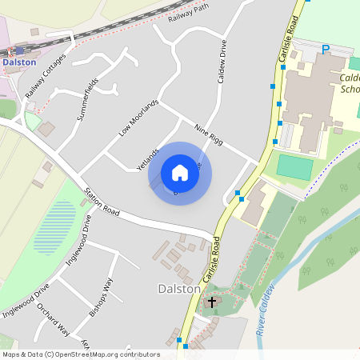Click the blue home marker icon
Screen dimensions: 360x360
pos(179,173)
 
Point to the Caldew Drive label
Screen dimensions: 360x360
pos(222,63)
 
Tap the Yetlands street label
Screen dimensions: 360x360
pos(148,158)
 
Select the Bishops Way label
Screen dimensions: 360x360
pos(101,298)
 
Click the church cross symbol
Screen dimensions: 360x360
pos(212,302)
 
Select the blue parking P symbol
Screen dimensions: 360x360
pos(326,50)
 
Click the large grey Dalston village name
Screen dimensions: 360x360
pos(178,288)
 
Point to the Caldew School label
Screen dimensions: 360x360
pos(350,84)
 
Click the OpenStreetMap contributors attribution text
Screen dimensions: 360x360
pos(80,354)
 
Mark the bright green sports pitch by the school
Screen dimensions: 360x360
pos(294,167)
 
